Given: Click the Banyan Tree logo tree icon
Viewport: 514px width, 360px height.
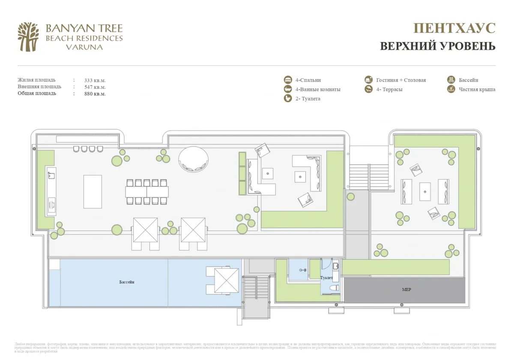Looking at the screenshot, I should point(28,36).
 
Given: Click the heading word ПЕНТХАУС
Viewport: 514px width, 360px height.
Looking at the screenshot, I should point(454,28).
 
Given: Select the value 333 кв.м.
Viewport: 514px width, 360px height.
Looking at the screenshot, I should point(95,80).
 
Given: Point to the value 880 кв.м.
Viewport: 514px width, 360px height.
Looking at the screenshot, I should point(95,93).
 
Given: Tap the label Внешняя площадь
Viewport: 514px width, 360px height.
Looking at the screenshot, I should point(39,87).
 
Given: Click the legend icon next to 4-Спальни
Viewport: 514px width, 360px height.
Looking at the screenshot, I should point(288,80).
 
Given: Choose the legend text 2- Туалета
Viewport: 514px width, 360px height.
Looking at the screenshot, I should point(308,99).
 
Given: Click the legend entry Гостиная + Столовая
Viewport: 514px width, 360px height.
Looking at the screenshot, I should point(401,80).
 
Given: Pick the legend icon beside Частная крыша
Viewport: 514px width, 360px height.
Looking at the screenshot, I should point(451,89).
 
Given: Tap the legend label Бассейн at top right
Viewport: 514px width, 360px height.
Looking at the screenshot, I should point(469,80).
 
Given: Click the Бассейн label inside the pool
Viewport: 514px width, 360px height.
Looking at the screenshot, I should point(127,282).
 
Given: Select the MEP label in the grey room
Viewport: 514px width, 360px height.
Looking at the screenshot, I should point(406,290).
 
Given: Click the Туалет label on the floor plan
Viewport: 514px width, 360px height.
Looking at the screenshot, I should point(326,278).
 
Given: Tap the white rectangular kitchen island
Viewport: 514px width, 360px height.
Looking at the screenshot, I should point(93,191).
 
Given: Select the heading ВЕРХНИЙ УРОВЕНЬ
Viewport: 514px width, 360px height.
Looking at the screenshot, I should point(437,46).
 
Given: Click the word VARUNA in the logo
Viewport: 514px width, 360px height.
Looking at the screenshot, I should point(84,47).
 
